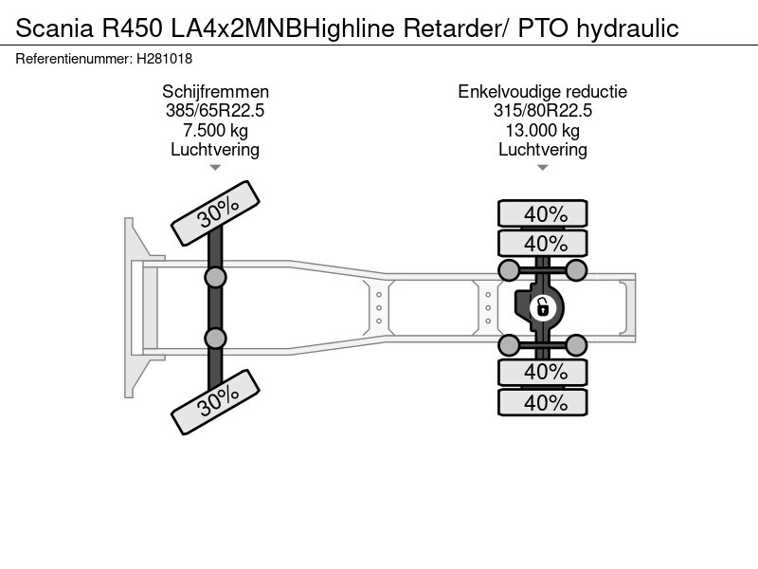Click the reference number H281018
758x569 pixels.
pos(165,57)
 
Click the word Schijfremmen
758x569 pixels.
pos(215,92)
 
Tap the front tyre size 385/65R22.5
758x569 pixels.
pos(215,111)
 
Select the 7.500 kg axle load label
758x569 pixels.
pos(215,130)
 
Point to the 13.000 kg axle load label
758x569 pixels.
pos(543,130)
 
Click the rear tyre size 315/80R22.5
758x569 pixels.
pos(543,111)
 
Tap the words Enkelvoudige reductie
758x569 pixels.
pos(543,92)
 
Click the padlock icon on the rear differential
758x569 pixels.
pos(543,306)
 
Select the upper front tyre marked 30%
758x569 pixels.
pos(217,210)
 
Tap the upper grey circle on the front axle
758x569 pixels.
pos(216,277)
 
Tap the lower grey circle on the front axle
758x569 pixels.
pos(216,338)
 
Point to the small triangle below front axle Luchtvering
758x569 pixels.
pos(215,168)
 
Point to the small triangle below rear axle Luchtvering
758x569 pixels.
pos(543,168)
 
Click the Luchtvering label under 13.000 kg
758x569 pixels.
pos(543,149)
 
